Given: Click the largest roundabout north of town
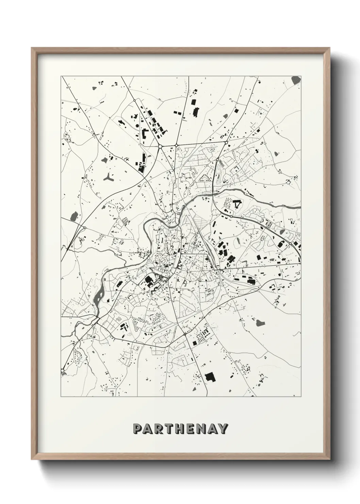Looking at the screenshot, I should click(x=160, y=146).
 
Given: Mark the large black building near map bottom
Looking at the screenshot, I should click(x=209, y=367).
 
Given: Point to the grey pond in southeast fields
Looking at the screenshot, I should click(x=260, y=322).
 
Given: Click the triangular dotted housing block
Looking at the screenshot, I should click(x=204, y=177).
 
